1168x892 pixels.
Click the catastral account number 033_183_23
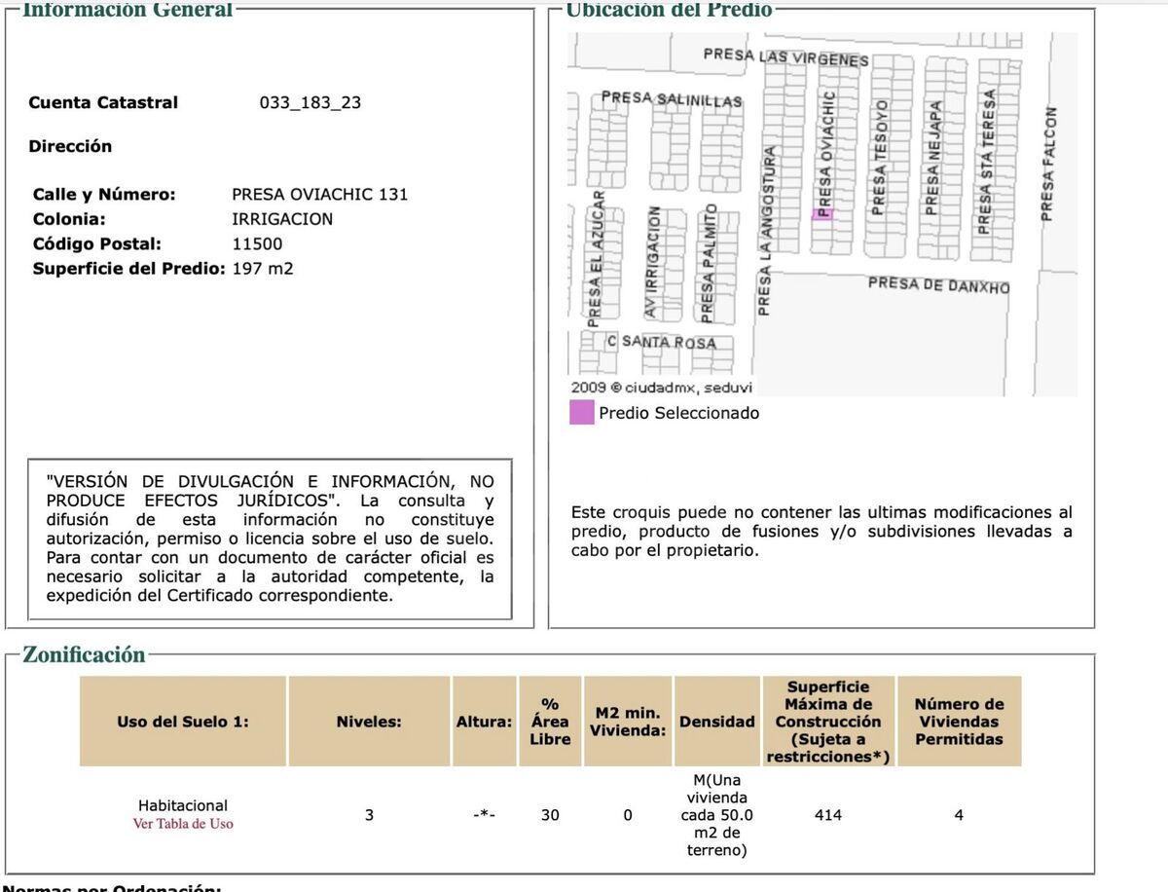pos(310,102)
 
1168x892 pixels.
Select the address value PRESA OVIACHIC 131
pos(319,194)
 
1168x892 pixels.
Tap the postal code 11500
pos(257,243)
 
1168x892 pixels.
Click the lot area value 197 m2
pos(262,268)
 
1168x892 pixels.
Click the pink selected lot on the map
pos(822,214)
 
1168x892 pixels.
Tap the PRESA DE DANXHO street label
pos(938,285)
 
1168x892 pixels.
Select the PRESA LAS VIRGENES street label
pos(785,57)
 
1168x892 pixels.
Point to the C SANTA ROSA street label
pos(661,342)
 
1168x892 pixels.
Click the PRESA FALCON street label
pos(1048,163)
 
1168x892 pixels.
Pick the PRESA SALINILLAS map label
pos(672,99)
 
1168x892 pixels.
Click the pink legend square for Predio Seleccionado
pos(581,413)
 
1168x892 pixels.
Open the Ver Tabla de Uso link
pos(183,824)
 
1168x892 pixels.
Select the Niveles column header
pos(369,722)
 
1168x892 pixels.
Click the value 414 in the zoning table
pos(827,815)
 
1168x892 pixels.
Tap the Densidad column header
pos(716,722)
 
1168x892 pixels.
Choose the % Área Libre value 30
pos(550,815)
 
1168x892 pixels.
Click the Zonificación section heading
pos(84,654)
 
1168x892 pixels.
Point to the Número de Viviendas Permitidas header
pos(959,722)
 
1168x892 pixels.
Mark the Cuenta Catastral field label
pos(103,102)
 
